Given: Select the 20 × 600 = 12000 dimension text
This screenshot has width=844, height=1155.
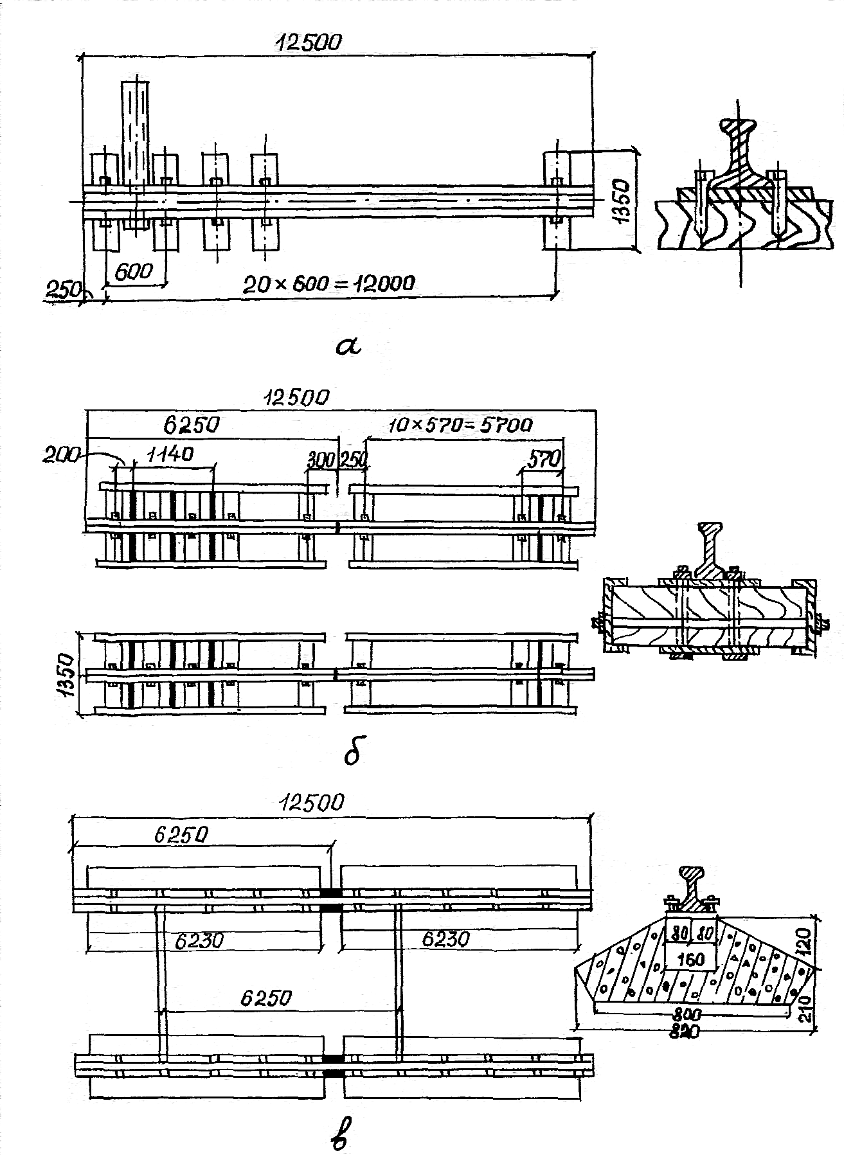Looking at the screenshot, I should point(329,283).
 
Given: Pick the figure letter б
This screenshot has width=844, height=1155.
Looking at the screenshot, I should point(353,752).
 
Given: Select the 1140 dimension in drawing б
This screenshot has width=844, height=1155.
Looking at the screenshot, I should point(170,455).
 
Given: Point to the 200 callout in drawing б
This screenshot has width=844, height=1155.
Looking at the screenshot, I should point(60,455).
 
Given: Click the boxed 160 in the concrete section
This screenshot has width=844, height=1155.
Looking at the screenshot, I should point(690,960).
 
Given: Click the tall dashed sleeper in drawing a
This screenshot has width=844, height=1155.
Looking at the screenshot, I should point(136,154).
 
